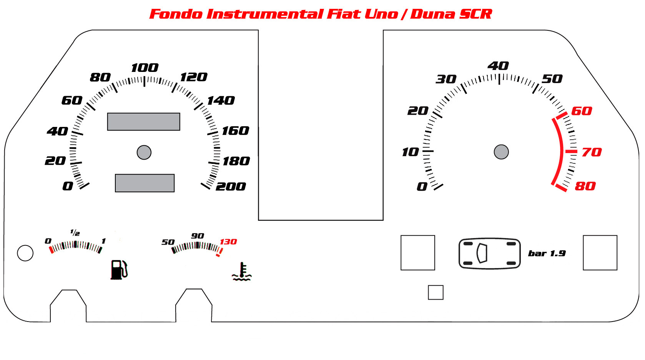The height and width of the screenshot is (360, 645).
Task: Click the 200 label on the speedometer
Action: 231,187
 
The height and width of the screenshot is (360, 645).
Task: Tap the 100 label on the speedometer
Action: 145,68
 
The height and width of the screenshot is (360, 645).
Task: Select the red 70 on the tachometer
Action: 592,152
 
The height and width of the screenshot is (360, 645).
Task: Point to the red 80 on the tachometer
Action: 585,186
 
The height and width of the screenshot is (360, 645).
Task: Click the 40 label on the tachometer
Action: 498,66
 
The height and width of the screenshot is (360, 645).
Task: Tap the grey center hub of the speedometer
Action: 144,152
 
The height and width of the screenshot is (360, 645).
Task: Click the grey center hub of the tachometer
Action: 501,152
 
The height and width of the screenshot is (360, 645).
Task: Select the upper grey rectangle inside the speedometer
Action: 144,122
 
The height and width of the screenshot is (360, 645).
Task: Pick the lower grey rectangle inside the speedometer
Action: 145,183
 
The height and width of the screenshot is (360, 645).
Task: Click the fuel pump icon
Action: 119,270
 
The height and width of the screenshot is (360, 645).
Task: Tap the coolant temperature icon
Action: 242,272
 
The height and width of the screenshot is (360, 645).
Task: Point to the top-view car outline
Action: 489,253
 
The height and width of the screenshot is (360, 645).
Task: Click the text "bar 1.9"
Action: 547,253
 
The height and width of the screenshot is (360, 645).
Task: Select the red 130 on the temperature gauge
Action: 228,242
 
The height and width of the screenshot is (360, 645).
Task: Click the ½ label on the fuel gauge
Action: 75,233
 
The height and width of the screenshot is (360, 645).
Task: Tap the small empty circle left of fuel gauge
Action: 25,253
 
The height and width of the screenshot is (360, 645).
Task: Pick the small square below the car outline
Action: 436,293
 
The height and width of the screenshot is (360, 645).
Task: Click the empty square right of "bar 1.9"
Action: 600,253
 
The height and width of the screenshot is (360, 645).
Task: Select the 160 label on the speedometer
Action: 235,131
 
